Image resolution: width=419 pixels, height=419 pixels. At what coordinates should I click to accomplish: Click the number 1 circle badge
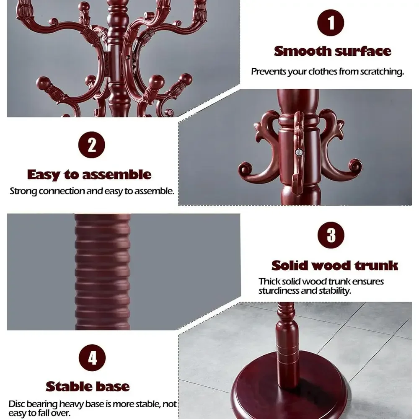click(x=331, y=23)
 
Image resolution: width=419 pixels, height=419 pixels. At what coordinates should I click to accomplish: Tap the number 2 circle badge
click(x=92, y=145)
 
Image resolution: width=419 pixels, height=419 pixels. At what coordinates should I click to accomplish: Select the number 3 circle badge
click(x=331, y=235)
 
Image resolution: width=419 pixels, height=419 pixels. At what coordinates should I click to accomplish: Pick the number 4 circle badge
click(x=92, y=357)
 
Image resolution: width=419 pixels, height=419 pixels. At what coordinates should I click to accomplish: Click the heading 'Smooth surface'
click(x=332, y=51)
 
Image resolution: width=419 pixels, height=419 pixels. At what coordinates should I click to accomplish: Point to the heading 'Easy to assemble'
click(x=89, y=175)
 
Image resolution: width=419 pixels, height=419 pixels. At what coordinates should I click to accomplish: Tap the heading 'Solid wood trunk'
click(x=334, y=266)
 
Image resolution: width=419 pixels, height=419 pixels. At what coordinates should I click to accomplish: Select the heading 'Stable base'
click(x=88, y=386)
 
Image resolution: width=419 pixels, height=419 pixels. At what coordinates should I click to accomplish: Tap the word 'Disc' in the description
click(x=17, y=404)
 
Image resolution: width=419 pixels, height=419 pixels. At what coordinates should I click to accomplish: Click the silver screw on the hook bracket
click(x=299, y=153)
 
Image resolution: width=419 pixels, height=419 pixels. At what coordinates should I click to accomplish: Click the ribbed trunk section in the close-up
click(x=102, y=272)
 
